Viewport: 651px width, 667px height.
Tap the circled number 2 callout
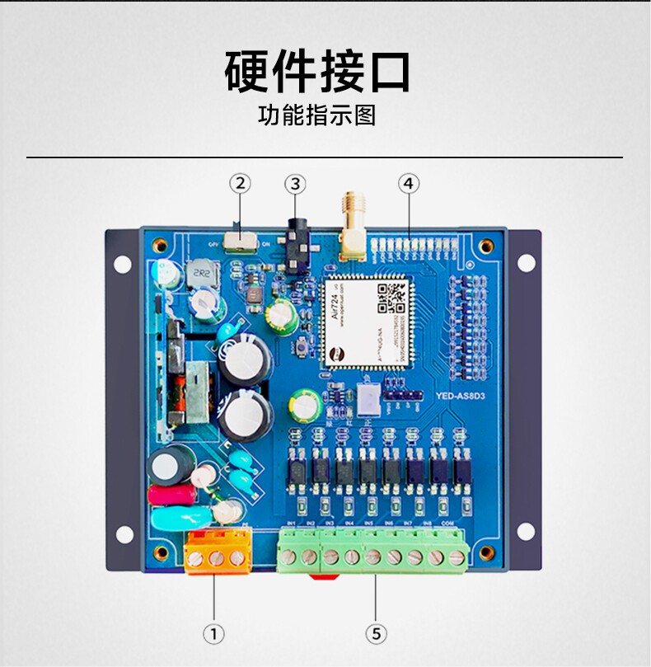[240, 183]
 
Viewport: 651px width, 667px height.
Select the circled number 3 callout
[296, 183]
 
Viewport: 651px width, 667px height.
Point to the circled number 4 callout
[408, 183]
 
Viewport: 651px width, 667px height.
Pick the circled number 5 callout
[376, 633]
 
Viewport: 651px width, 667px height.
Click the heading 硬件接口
[317, 73]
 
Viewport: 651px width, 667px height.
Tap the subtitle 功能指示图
[317, 115]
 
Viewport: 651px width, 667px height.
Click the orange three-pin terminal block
[218, 551]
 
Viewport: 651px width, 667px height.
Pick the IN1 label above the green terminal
[290, 524]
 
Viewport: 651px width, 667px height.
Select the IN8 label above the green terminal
[427, 524]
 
